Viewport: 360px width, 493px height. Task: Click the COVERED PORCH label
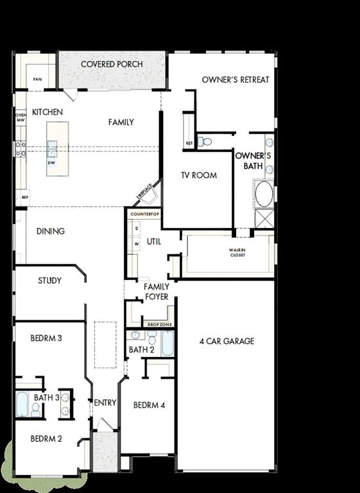coord(112,64)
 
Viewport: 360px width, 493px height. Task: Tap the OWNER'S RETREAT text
coord(236,80)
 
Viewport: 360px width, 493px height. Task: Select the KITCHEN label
coord(47,112)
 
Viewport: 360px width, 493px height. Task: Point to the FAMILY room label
coord(121,122)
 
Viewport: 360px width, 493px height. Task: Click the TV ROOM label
coord(198,175)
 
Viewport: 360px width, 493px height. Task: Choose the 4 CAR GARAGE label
coord(226,341)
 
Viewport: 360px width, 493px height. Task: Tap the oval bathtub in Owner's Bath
coord(264,193)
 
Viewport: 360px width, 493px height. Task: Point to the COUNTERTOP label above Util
coord(144,213)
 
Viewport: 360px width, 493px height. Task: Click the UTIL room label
coord(153,241)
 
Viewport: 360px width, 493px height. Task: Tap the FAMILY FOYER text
coord(156,292)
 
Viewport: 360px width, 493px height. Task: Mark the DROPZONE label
coord(157,325)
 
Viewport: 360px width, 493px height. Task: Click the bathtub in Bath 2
coord(167,343)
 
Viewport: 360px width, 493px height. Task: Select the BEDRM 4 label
coord(149,405)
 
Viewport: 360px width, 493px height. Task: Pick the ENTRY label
coord(105,402)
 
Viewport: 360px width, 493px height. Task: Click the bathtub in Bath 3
coord(22,404)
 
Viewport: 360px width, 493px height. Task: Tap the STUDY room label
coord(49,281)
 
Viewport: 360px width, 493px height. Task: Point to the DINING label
coord(50,231)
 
